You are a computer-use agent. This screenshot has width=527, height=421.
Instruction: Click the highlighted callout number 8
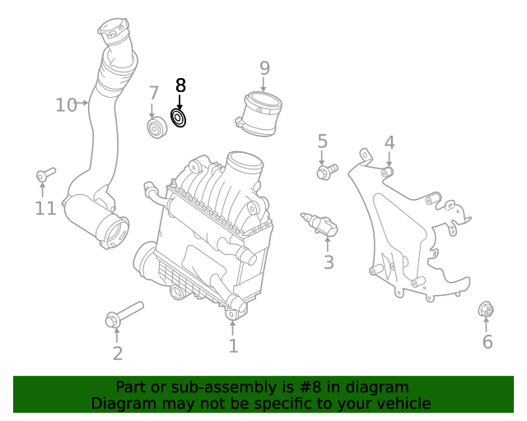coord(180,85)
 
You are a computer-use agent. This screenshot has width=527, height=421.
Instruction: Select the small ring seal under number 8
coord(179,118)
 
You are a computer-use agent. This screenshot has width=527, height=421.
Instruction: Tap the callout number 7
coord(154,93)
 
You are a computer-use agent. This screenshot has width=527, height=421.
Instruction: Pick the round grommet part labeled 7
coord(155,128)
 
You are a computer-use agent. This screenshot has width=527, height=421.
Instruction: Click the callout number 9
coord(264,67)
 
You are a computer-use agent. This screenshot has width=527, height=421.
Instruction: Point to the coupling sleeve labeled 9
coord(260,113)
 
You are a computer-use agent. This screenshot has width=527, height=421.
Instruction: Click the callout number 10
coord(66,104)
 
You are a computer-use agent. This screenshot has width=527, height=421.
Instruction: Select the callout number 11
coord(45,208)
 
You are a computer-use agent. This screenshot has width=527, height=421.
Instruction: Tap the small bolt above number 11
coord(44,174)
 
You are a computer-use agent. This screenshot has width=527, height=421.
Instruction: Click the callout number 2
coord(118,354)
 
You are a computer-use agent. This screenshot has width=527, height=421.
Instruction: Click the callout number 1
coord(233,346)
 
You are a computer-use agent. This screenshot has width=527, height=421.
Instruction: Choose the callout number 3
coord(329,263)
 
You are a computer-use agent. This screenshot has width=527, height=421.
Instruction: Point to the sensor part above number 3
coord(322,224)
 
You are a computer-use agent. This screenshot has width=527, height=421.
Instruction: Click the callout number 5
coord(322,141)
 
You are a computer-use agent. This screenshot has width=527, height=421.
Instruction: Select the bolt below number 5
coord(327,171)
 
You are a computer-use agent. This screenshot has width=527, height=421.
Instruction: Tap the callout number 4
coord(389,142)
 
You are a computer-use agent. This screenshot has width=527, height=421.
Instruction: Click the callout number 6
coord(487,342)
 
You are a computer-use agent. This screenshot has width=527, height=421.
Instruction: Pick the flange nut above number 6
coord(486,310)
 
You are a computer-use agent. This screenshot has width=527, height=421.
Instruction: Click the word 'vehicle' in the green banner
coord(401,403)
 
